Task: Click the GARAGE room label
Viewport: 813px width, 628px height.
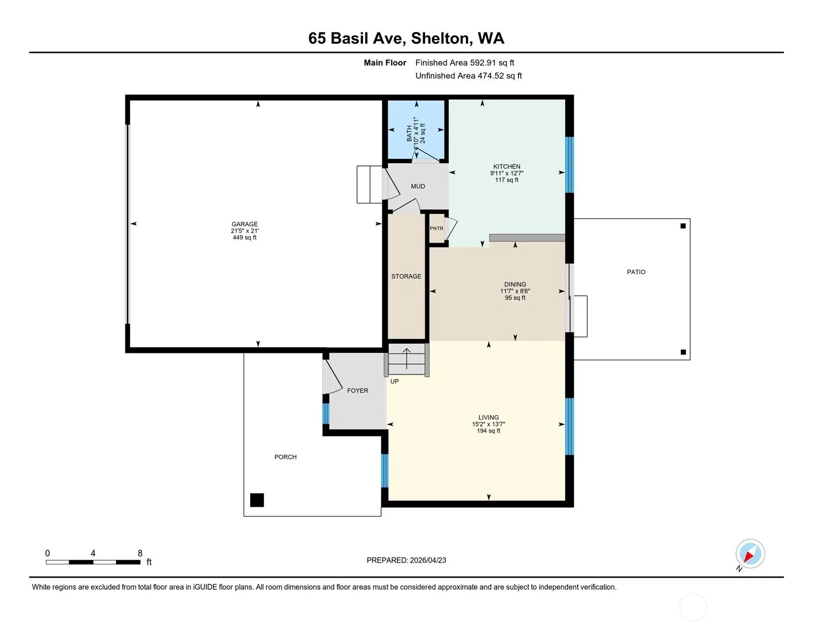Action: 245,224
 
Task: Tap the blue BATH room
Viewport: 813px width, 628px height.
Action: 416,130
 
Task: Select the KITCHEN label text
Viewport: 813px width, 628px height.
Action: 507,167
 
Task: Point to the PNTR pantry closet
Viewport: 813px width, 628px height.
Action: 436,228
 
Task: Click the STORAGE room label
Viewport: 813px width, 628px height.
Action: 406,276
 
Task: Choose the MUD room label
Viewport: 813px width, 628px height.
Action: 418,186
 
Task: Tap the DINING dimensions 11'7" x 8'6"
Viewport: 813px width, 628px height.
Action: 515,291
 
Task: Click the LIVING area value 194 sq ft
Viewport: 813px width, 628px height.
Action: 489,431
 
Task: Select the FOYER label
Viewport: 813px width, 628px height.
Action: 357,391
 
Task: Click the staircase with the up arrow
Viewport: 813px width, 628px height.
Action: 406,360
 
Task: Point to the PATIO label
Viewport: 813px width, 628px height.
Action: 636,272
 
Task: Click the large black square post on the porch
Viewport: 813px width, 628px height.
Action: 257,500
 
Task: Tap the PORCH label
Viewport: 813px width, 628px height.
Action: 285,457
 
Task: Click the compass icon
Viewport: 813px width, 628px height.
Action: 750,554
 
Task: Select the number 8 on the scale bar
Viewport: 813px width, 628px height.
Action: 140,553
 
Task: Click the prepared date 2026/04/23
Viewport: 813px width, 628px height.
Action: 428,560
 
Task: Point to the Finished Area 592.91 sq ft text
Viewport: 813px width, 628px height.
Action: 465,63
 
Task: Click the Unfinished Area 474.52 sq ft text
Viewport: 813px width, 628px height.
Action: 468,76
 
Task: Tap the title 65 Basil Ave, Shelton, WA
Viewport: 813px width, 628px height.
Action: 406,38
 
